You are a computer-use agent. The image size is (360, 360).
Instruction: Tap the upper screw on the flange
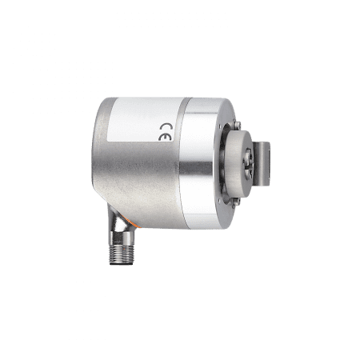[x=237, y=125]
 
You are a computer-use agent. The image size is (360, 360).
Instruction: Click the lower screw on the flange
[x=236, y=202]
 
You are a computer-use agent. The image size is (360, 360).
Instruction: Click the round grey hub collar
[x=238, y=163]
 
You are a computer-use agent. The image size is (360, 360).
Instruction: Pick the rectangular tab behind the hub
[x=262, y=162]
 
